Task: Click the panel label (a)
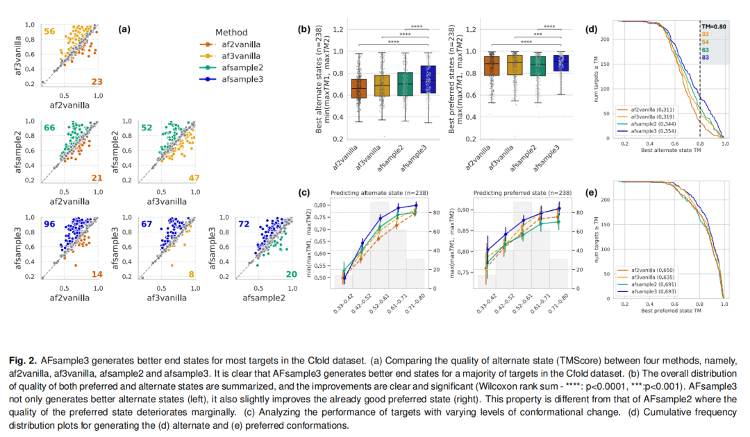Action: coord(124,29)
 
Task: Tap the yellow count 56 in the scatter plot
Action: coord(49,32)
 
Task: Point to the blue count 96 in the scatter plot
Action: coord(49,224)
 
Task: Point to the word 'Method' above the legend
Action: coord(231,33)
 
